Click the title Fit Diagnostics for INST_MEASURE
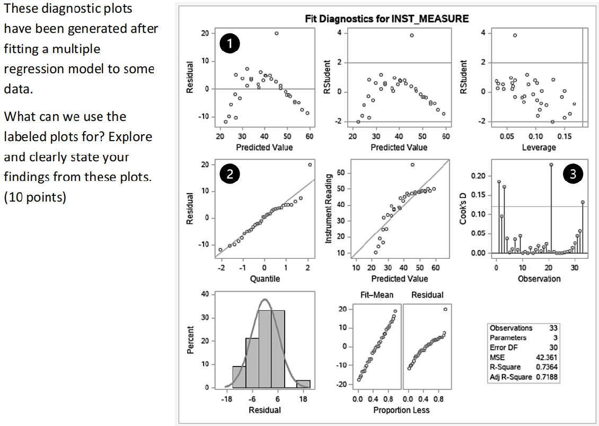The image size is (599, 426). (387, 19)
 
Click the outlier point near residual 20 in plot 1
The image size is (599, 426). (276, 33)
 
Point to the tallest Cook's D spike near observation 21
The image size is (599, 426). (551, 165)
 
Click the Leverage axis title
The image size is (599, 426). (539, 147)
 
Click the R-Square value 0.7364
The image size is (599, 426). (547, 367)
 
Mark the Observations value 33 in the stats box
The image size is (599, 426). (553, 328)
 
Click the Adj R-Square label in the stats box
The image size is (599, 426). (510, 377)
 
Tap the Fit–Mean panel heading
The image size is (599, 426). (376, 295)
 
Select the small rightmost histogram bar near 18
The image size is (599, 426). (303, 384)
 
